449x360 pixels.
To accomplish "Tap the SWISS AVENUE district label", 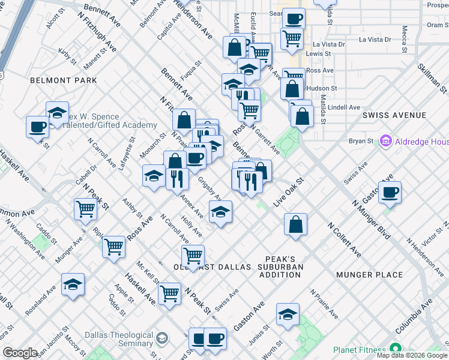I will pos(394,115).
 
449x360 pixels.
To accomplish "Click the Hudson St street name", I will pos(322,88).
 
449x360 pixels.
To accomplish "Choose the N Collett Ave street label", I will pos(344,240).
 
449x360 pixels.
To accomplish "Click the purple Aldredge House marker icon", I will pos(385,142).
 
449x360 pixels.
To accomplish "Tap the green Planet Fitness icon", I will pos(394,349).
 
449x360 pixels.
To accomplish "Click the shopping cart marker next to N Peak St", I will pos(85,209).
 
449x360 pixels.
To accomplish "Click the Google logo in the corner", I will pos(20,353).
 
